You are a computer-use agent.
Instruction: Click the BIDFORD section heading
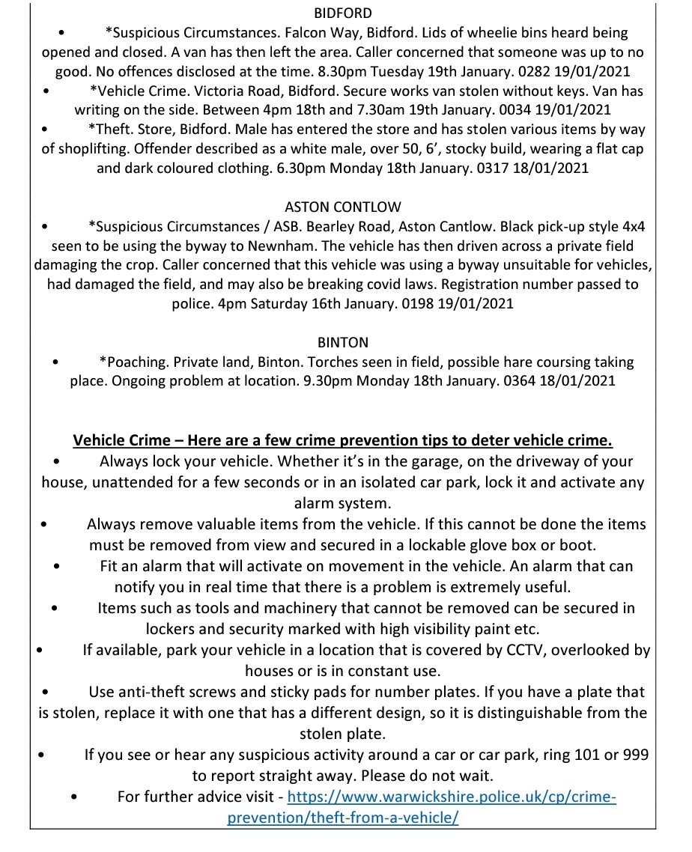(x=343, y=13)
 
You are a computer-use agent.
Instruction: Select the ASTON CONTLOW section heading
(x=343, y=206)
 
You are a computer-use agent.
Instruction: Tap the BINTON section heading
(x=343, y=342)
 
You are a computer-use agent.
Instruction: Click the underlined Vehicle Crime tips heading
(x=343, y=439)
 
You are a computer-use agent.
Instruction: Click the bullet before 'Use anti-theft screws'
(x=46, y=692)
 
